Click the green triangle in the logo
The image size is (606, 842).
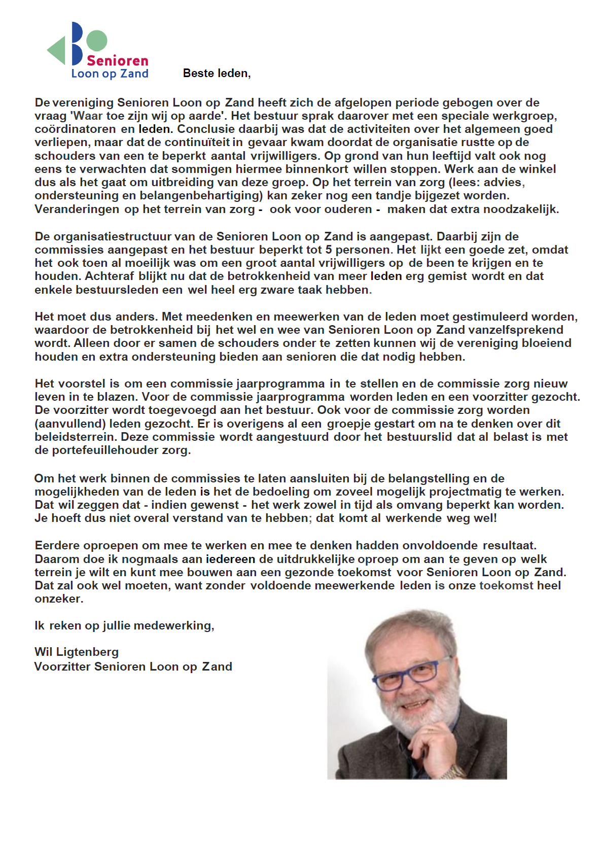click(58, 50)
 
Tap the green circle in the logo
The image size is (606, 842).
click(96, 41)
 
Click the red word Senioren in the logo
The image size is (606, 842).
click(117, 61)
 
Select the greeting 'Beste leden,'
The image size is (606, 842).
click(217, 74)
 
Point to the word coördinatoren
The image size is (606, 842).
click(75, 129)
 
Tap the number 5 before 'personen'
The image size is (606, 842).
click(329, 250)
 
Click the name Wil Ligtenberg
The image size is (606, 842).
click(77, 652)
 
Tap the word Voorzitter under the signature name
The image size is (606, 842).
click(62, 666)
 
